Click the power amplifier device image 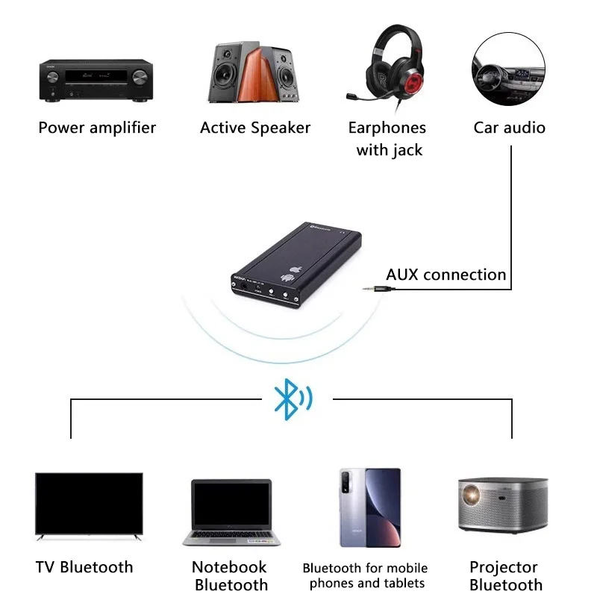tap(97, 80)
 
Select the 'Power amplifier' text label tap(97, 128)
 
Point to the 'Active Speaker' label tap(255, 128)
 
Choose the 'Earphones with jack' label tap(387, 139)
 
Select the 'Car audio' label tap(510, 128)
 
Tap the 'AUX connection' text tap(446, 275)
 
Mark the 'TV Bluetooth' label tap(84, 567)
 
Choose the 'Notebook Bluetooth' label tap(231, 576)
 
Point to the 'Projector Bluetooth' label tap(506, 576)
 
